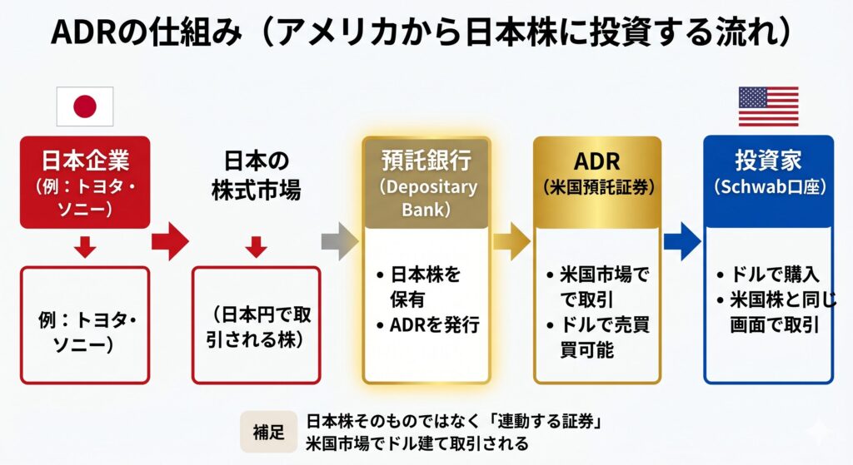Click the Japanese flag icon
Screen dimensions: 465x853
tap(84, 106)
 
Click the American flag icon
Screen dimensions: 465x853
tap(768, 106)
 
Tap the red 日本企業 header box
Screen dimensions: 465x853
tap(85, 181)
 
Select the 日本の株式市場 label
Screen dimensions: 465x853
tap(256, 176)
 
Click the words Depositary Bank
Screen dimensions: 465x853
tap(428, 198)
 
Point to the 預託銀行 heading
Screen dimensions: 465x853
tap(428, 160)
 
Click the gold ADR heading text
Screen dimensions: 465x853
tap(596, 160)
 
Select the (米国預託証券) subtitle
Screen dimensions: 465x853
tap(596, 187)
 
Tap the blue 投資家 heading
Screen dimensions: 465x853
tap(768, 160)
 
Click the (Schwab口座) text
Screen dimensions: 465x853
tap(768, 187)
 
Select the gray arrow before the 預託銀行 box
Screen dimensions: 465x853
tap(341, 241)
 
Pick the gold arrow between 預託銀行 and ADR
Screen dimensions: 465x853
tap(511, 241)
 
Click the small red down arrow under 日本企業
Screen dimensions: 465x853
tap(85, 247)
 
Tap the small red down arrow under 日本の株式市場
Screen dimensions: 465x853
tap(256, 247)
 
